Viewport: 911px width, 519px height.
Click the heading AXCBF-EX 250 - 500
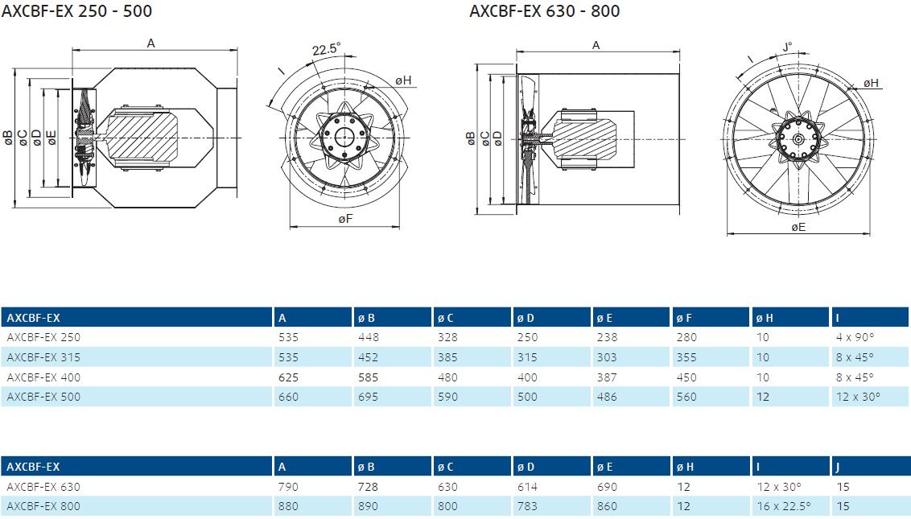point(76,11)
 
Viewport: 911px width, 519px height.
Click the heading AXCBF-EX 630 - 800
point(544,11)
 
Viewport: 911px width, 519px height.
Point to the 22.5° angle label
point(326,49)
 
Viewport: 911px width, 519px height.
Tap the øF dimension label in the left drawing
point(345,219)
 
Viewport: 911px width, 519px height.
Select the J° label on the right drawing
point(787,47)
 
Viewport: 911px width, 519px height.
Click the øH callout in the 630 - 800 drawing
point(870,83)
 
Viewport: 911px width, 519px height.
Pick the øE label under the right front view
point(798,227)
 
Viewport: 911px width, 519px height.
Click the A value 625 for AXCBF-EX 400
point(288,377)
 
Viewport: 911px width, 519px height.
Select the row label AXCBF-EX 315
point(43,357)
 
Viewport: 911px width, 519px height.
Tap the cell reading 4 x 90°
point(855,337)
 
